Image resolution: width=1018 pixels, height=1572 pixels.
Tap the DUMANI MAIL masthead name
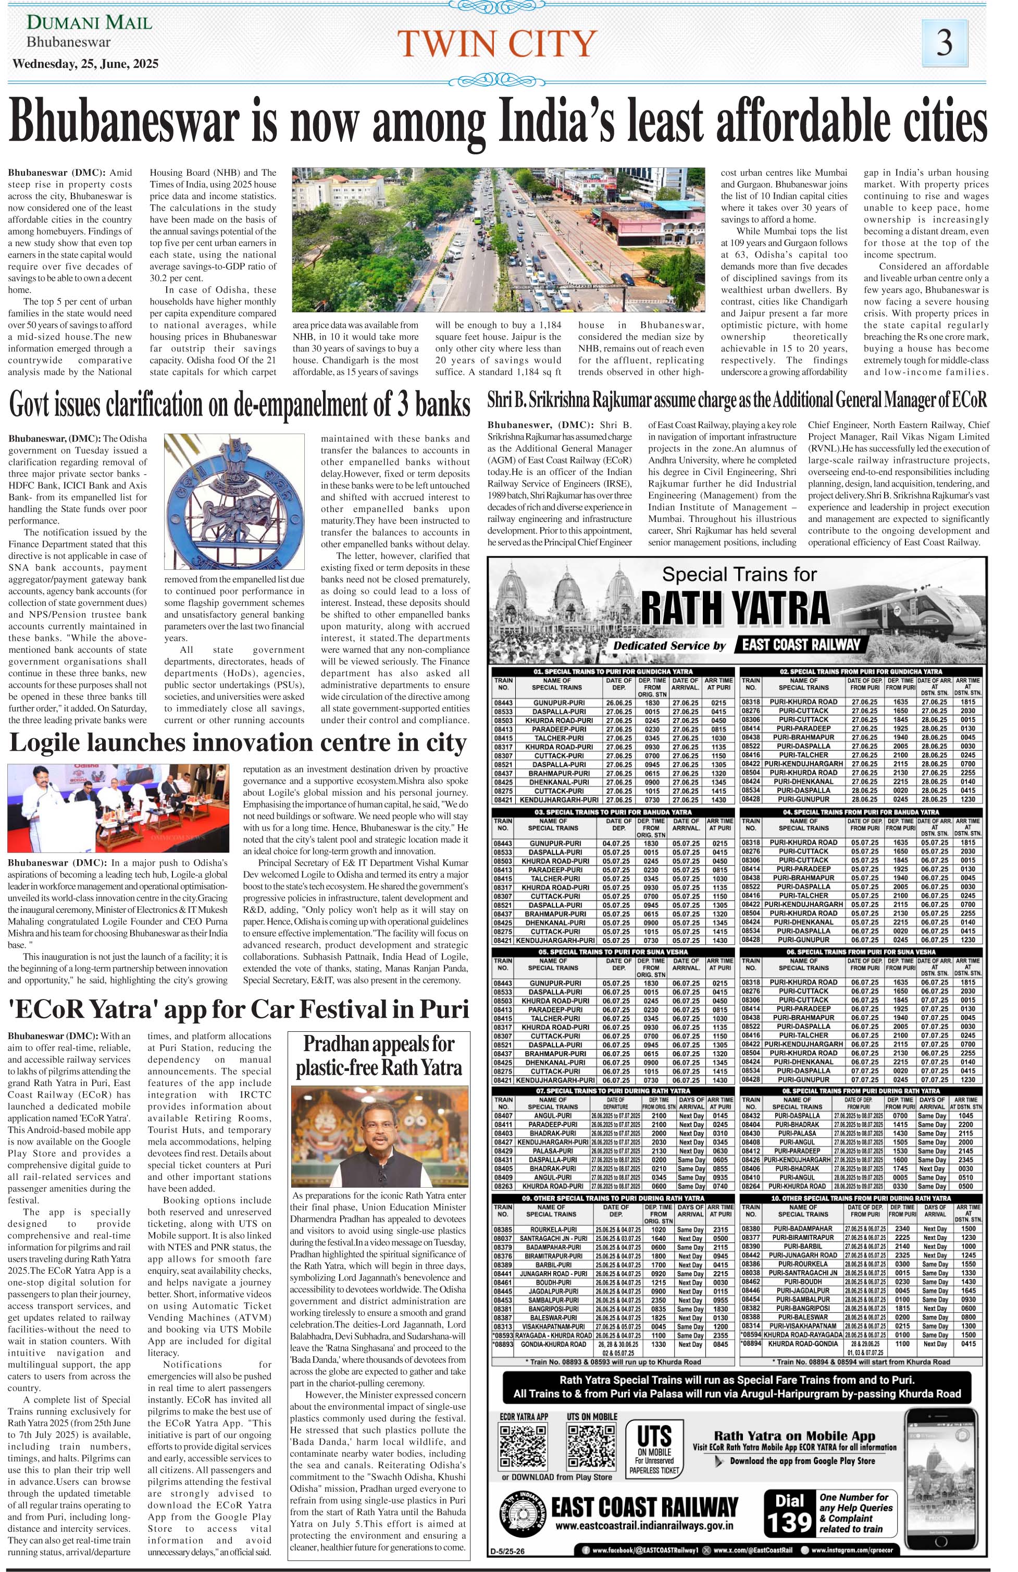(x=89, y=22)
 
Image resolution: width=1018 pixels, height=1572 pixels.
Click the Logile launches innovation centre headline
(x=238, y=742)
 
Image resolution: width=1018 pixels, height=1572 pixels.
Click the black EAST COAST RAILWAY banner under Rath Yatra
(x=801, y=644)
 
